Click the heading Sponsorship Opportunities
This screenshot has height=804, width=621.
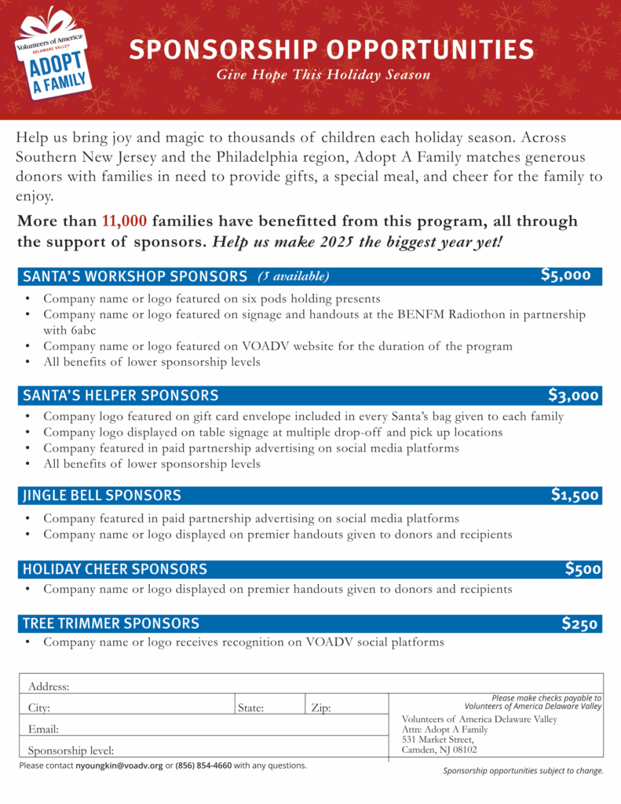click(x=331, y=50)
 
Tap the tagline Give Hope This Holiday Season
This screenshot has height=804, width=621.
click(x=323, y=75)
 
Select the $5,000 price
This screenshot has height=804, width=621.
click(x=565, y=275)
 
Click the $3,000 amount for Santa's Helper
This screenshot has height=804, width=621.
click(x=573, y=395)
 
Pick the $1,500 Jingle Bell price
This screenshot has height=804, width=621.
click(x=575, y=495)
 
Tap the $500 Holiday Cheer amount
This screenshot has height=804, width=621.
click(x=583, y=568)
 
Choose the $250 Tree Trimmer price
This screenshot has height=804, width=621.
click(x=581, y=623)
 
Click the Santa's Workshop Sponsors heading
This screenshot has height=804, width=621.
click(x=135, y=276)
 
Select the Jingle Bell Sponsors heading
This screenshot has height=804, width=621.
click(x=102, y=495)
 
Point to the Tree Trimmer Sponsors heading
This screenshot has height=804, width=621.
click(x=111, y=623)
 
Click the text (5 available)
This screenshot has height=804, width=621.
click(x=294, y=276)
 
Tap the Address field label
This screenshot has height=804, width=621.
click(x=49, y=686)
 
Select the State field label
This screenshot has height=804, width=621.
click(x=250, y=707)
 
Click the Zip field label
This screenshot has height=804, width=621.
click(x=320, y=707)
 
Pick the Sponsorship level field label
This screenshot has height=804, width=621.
click(x=71, y=750)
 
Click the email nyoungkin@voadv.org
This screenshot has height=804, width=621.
click(x=119, y=766)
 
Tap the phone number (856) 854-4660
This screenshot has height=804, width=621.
click(x=203, y=766)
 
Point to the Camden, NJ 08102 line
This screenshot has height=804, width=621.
click(x=439, y=750)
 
